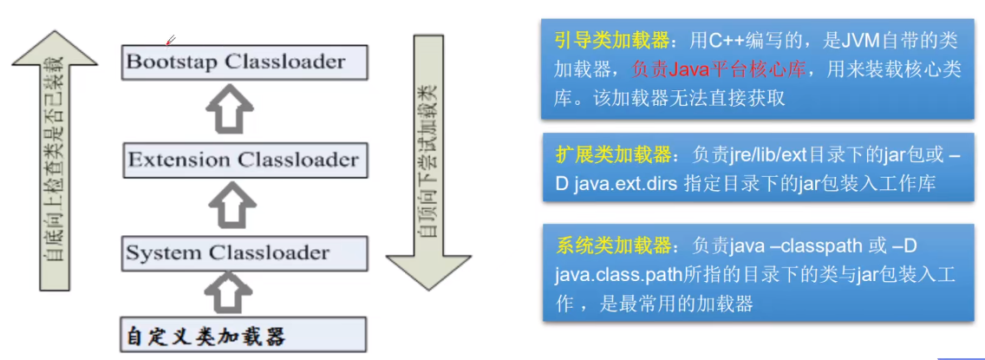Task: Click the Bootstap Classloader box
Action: tap(245, 62)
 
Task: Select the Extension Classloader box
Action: tap(244, 160)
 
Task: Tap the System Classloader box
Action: tap(244, 253)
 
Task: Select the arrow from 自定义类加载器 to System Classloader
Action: tap(229, 295)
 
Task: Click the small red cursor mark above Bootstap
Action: tap(171, 39)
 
